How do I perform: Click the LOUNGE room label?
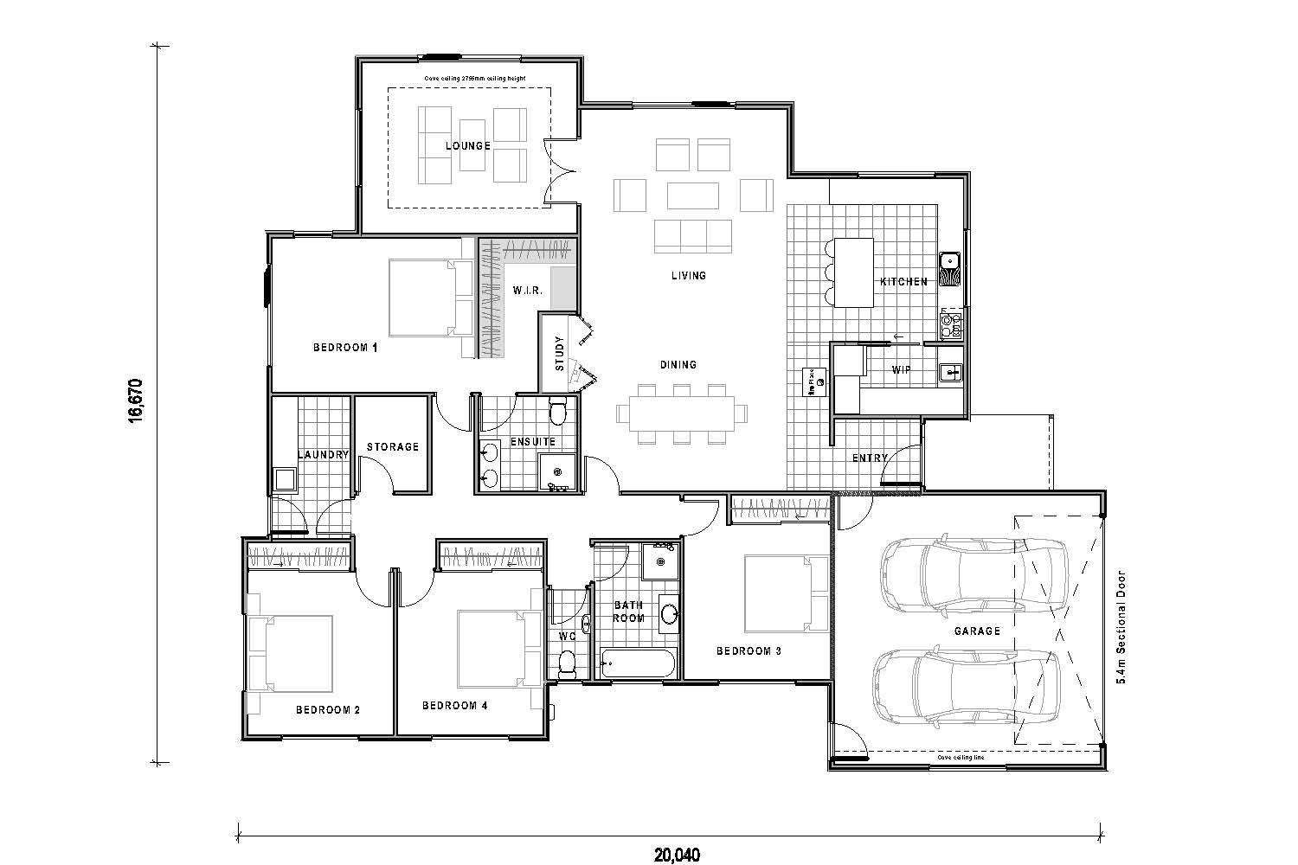tap(467, 146)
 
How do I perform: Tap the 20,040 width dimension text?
tap(676, 855)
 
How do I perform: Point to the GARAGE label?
tap(977, 631)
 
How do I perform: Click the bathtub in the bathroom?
tap(638, 664)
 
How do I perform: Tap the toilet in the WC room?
tap(568, 662)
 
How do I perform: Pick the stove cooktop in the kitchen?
tap(950, 325)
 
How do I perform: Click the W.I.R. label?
tap(527, 291)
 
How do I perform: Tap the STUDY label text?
tap(559, 353)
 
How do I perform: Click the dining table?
tap(680, 413)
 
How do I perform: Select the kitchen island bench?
tap(853, 271)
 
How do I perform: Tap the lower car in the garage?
tap(965, 686)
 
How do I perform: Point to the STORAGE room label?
tap(392, 447)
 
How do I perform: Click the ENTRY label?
tap(870, 458)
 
